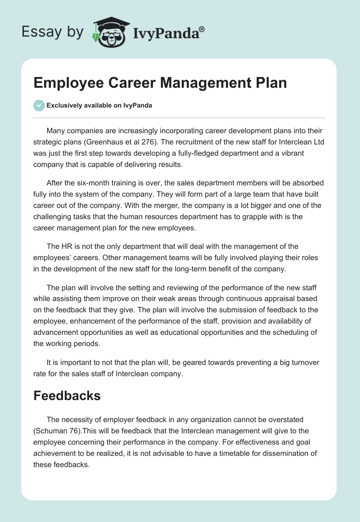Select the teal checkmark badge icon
[x=39, y=105]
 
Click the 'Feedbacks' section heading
[x=67, y=396]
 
